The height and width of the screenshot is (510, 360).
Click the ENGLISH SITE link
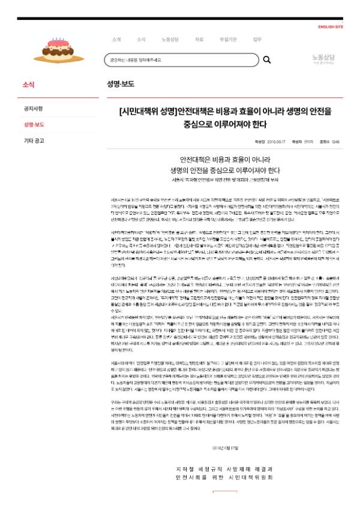click(331, 27)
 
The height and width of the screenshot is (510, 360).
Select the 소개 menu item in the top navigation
click(116, 40)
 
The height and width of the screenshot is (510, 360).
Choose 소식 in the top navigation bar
click(141, 40)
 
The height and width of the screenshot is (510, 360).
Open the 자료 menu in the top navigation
click(199, 40)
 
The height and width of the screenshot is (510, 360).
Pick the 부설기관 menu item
click(227, 40)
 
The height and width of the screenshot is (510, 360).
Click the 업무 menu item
click(257, 40)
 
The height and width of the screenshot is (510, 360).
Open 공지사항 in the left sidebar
click(33, 109)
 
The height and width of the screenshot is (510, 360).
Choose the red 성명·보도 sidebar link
click(34, 125)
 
